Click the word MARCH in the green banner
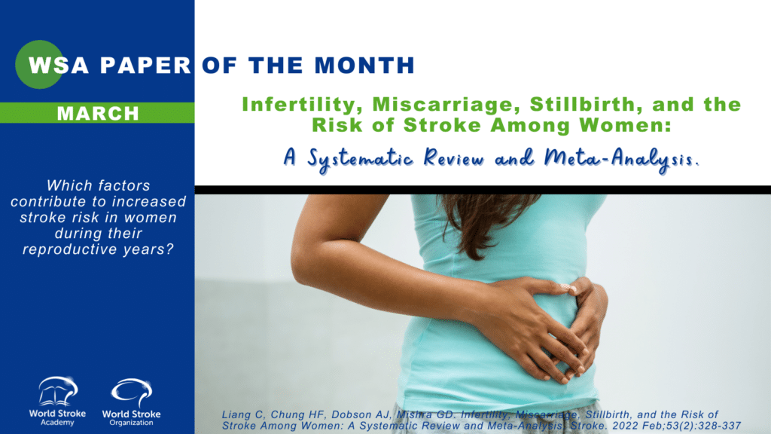tap(98, 114)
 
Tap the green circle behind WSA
tap(39, 65)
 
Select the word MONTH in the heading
tap(364, 66)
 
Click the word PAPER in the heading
tap(145, 66)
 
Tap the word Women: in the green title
tap(625, 125)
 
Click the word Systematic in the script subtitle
tap(360, 159)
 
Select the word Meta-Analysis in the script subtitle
tap(621, 158)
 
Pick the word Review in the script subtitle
tap(454, 158)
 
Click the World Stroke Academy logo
tap(57, 401)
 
